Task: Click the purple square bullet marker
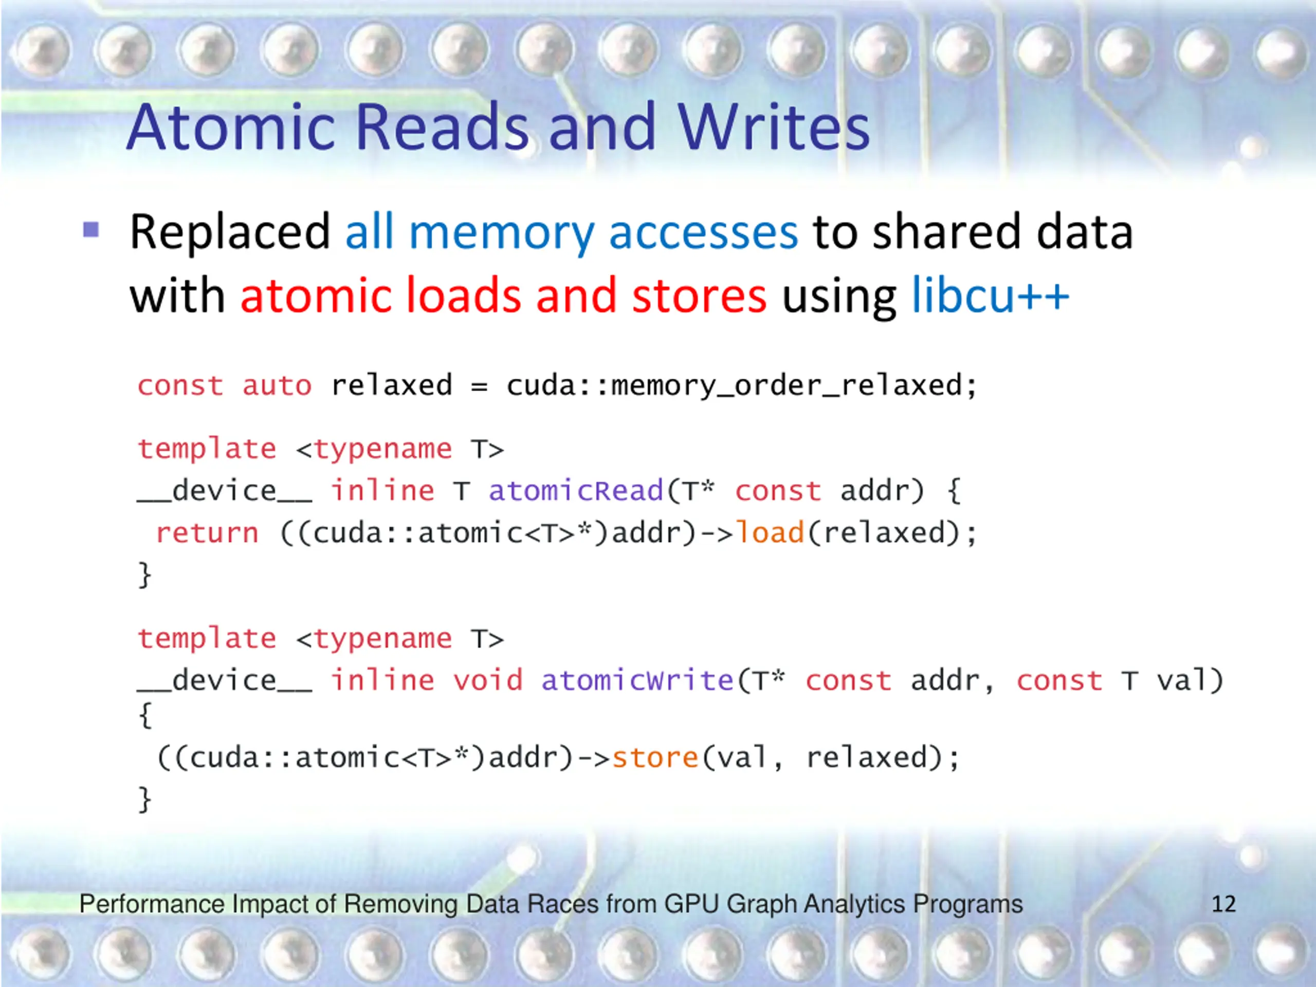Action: (91, 230)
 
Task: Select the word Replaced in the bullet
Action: (230, 231)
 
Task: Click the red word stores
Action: (699, 296)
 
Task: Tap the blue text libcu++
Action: (991, 296)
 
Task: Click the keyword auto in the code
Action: (277, 386)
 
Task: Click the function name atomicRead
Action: (575, 491)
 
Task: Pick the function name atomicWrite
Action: (636, 680)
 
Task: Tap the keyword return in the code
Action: (207, 533)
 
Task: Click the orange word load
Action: (770, 533)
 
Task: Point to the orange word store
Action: (655, 757)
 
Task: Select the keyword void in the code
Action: (488, 680)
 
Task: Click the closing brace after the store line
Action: (144, 799)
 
